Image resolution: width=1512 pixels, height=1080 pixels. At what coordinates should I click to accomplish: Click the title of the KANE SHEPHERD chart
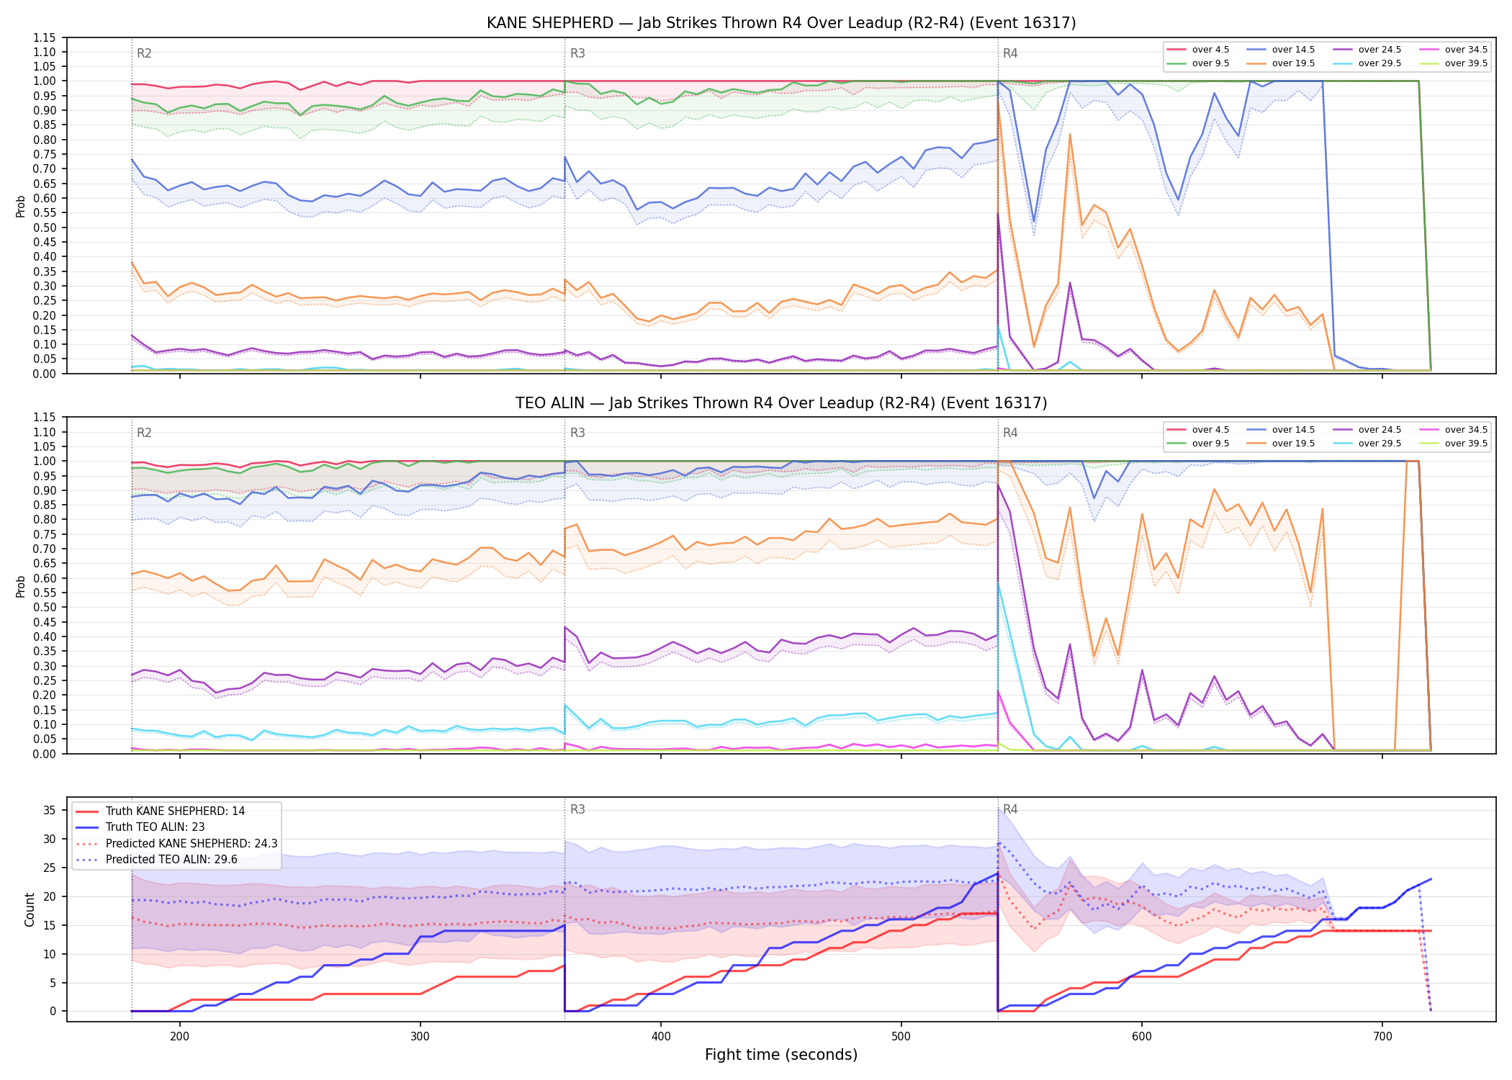click(781, 23)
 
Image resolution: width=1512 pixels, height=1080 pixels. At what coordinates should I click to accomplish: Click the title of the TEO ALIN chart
click(781, 403)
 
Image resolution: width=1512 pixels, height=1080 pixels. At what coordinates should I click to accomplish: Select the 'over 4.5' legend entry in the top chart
click(1198, 50)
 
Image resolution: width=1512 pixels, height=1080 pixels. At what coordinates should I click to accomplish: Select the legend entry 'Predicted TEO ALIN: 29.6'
click(156, 860)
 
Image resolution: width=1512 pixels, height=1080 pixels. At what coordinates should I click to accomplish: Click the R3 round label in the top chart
click(577, 53)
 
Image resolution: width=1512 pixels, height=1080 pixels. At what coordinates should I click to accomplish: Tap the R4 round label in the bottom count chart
click(1010, 809)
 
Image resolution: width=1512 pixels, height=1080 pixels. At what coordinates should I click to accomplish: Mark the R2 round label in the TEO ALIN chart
click(144, 433)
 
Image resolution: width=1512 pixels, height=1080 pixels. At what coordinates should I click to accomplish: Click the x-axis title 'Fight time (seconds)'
click(781, 1055)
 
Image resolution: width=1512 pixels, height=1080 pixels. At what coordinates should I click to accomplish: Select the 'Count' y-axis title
click(30, 909)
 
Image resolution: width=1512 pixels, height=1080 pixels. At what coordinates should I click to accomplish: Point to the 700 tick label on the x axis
click(1382, 1036)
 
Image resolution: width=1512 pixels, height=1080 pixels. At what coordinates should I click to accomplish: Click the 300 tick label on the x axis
click(420, 1036)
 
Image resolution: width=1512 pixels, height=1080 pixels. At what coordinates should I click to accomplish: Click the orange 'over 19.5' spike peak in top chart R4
click(1070, 134)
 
